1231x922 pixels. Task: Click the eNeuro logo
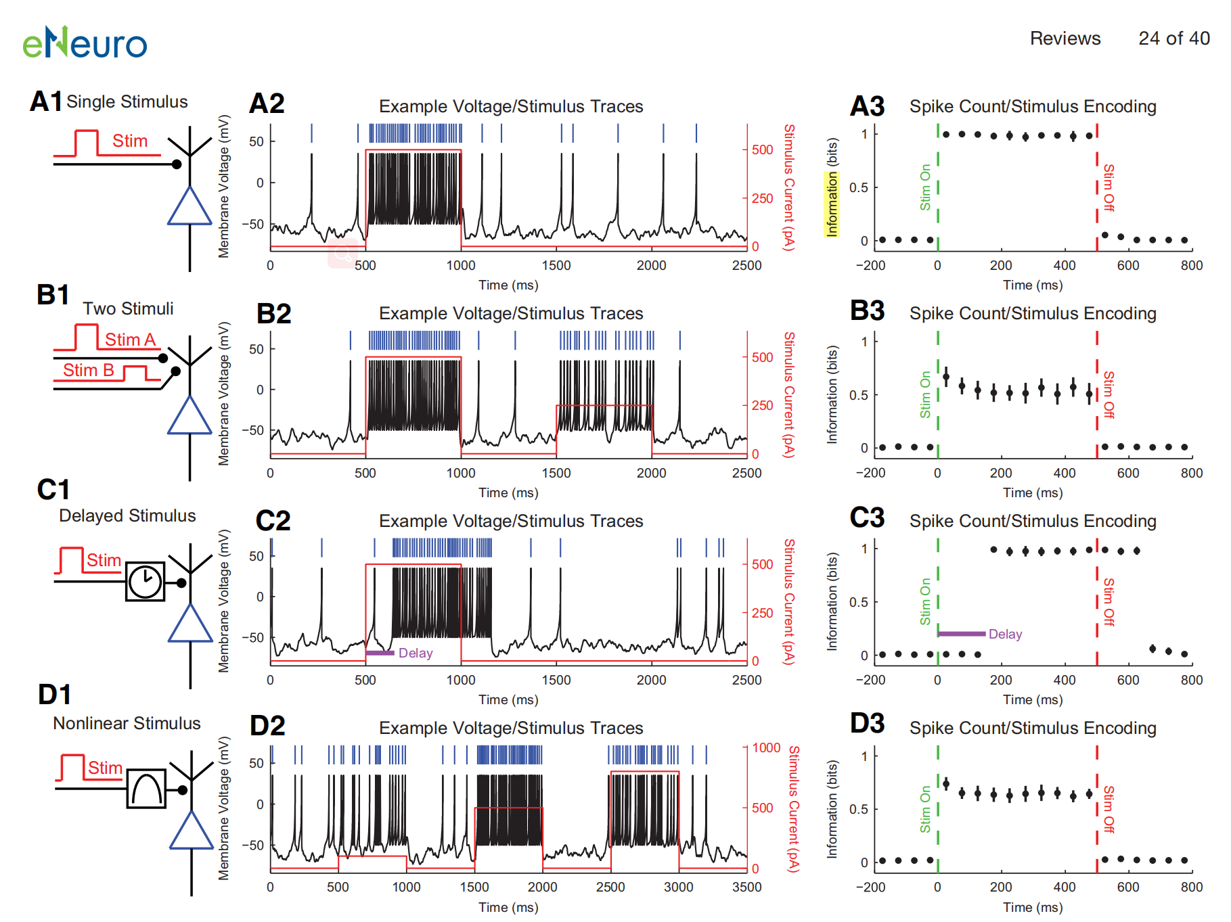pyautogui.click(x=85, y=43)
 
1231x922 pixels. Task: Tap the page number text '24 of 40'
pyautogui.click(x=1173, y=39)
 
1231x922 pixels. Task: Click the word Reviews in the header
pyautogui.click(x=1065, y=39)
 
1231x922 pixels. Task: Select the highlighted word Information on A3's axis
pyautogui.click(x=832, y=204)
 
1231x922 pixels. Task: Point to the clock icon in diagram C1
pyautogui.click(x=145, y=581)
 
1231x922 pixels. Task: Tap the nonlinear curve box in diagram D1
pyautogui.click(x=146, y=788)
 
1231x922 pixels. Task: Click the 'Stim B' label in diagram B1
pyautogui.click(x=88, y=371)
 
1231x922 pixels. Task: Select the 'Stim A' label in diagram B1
pyautogui.click(x=130, y=340)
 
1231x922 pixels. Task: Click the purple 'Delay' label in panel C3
pyautogui.click(x=1005, y=635)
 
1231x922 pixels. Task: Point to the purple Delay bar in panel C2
pyautogui.click(x=380, y=653)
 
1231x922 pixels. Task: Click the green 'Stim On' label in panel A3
pyautogui.click(x=925, y=187)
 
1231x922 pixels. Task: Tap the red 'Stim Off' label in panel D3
pyautogui.click(x=1109, y=809)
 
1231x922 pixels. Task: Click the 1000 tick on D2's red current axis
pyautogui.click(x=766, y=748)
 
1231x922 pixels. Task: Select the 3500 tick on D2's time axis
pyautogui.click(x=746, y=888)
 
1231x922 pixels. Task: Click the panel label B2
pyautogui.click(x=273, y=314)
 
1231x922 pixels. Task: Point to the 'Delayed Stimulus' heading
pyautogui.click(x=127, y=516)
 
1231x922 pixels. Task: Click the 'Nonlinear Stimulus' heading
pyautogui.click(x=127, y=724)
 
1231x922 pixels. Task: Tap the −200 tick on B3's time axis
pyautogui.click(x=870, y=474)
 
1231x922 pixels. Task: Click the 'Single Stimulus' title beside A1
pyautogui.click(x=127, y=102)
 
